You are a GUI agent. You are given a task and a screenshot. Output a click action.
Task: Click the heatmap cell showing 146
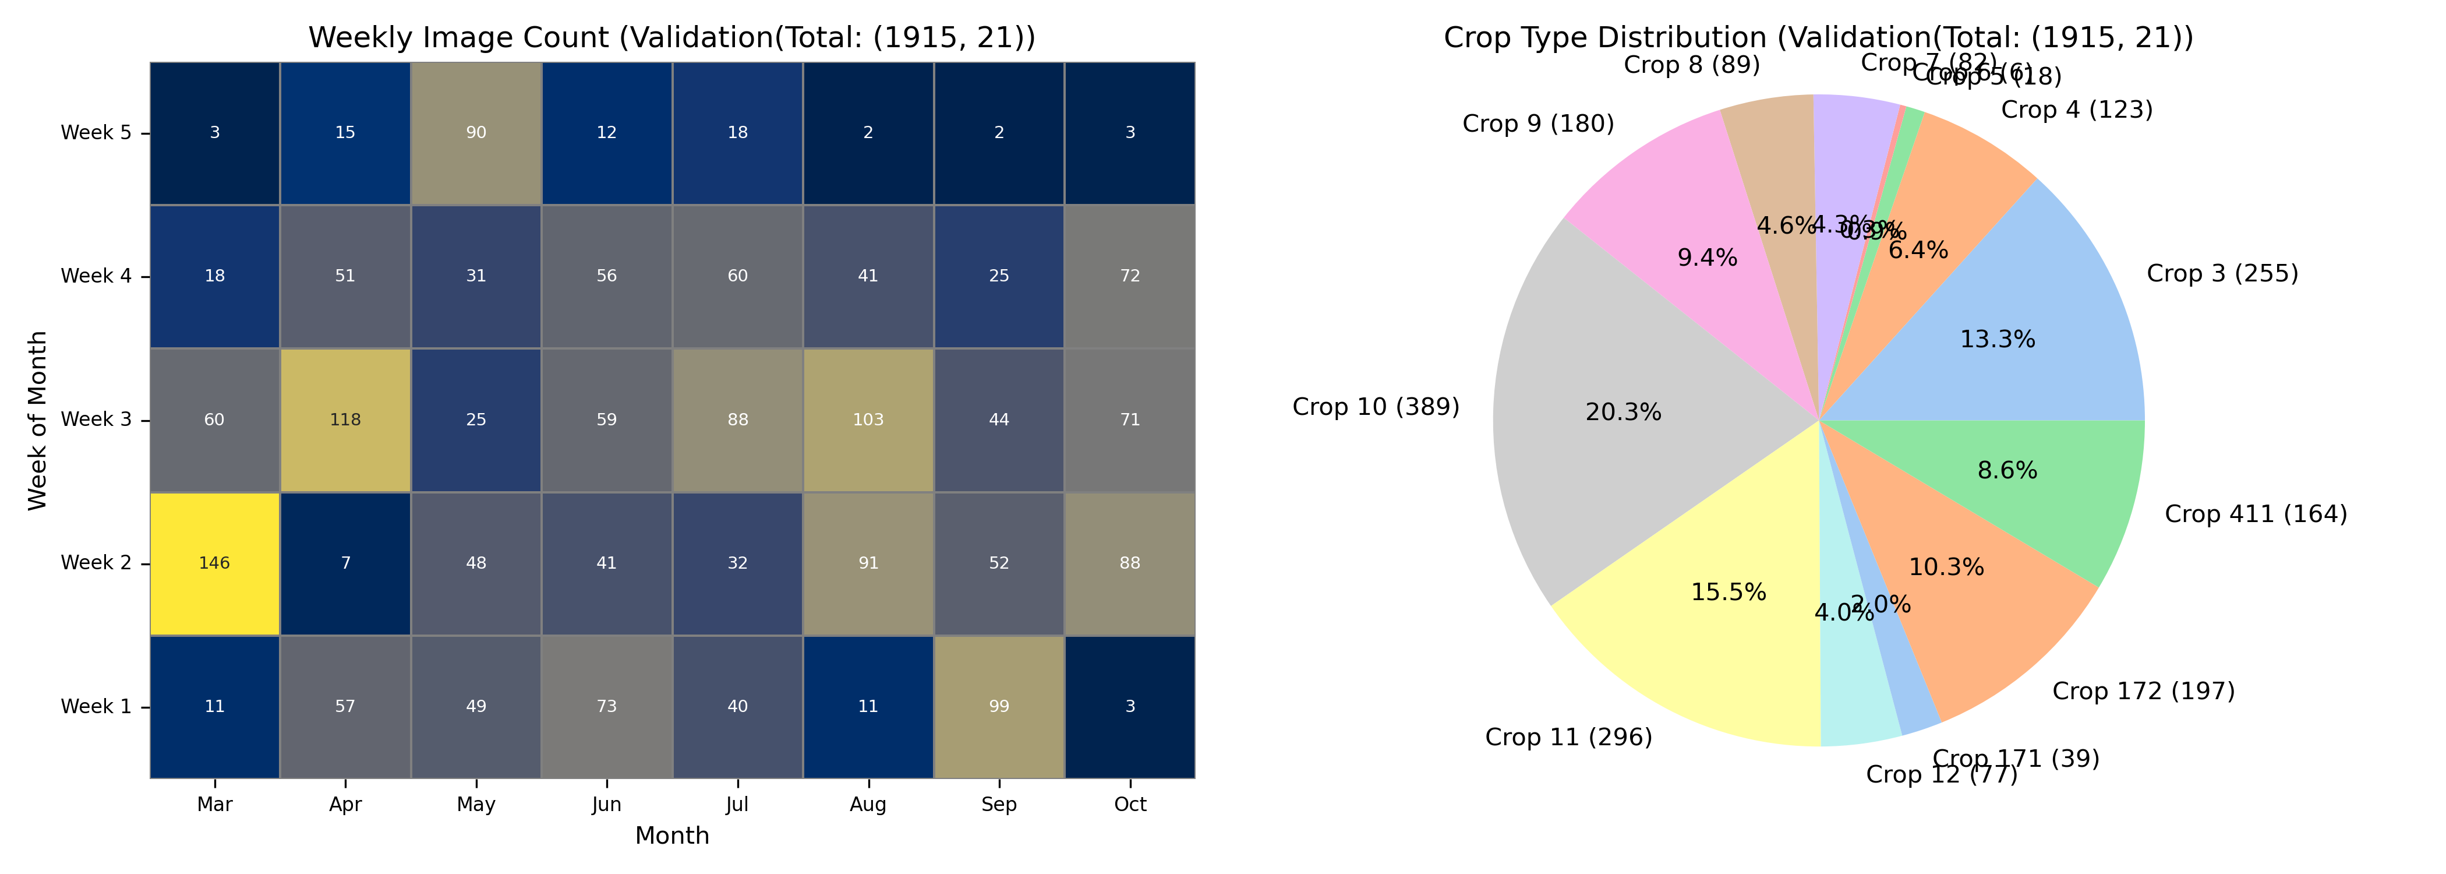[214, 563]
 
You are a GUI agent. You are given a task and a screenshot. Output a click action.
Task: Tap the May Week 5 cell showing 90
[476, 133]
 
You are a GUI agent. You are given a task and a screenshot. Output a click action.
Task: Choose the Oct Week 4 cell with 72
[1130, 276]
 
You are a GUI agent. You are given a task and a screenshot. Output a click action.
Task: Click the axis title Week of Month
[38, 420]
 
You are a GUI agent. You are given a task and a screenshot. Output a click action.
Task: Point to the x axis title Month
[672, 836]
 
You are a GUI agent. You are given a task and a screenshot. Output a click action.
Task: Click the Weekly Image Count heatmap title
[672, 38]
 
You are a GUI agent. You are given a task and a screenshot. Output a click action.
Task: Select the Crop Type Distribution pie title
[1818, 38]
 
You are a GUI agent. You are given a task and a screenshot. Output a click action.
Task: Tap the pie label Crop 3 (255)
[2222, 274]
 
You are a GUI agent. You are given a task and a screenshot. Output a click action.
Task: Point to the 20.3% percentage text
[1624, 413]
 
